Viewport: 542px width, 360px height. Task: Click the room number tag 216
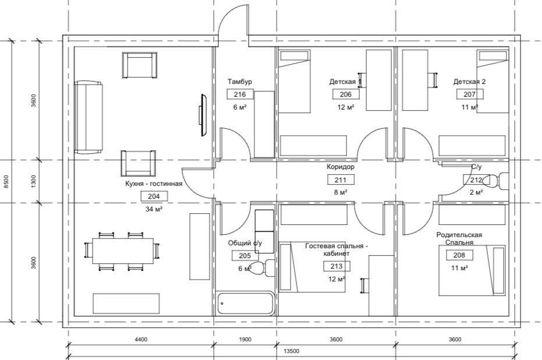240,94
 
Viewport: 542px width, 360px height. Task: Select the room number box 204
154,196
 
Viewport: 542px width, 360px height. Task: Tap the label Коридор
341,167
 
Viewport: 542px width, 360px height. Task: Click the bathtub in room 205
246,303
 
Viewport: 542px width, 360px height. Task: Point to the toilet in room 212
495,181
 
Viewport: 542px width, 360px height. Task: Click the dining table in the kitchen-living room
123,251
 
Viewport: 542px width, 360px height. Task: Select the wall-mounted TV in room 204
203,115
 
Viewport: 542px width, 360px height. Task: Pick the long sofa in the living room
89,117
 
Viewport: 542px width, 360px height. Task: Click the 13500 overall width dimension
292,351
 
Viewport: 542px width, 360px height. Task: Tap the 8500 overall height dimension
6,182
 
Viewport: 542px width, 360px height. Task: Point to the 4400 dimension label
141,339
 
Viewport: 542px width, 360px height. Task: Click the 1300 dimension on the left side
33,181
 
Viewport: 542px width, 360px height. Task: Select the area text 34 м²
154,209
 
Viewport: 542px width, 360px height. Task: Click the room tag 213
336,266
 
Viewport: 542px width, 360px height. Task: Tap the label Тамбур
240,82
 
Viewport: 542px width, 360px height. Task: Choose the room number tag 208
459,255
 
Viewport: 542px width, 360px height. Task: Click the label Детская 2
469,82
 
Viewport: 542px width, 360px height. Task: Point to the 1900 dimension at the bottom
245,339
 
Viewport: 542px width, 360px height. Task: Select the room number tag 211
340,180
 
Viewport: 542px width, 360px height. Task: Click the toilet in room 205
261,268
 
